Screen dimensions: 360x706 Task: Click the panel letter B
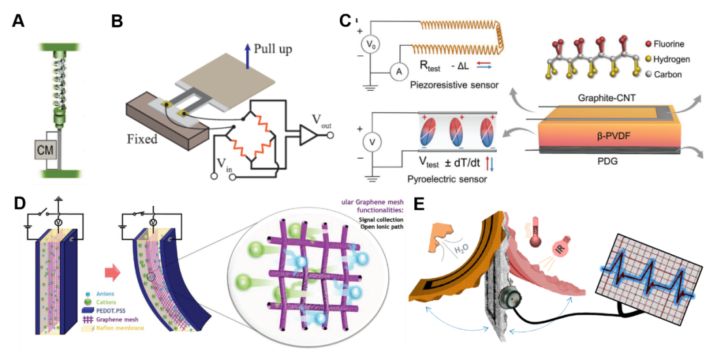click(117, 21)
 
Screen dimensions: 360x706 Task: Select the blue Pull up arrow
click(246, 52)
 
